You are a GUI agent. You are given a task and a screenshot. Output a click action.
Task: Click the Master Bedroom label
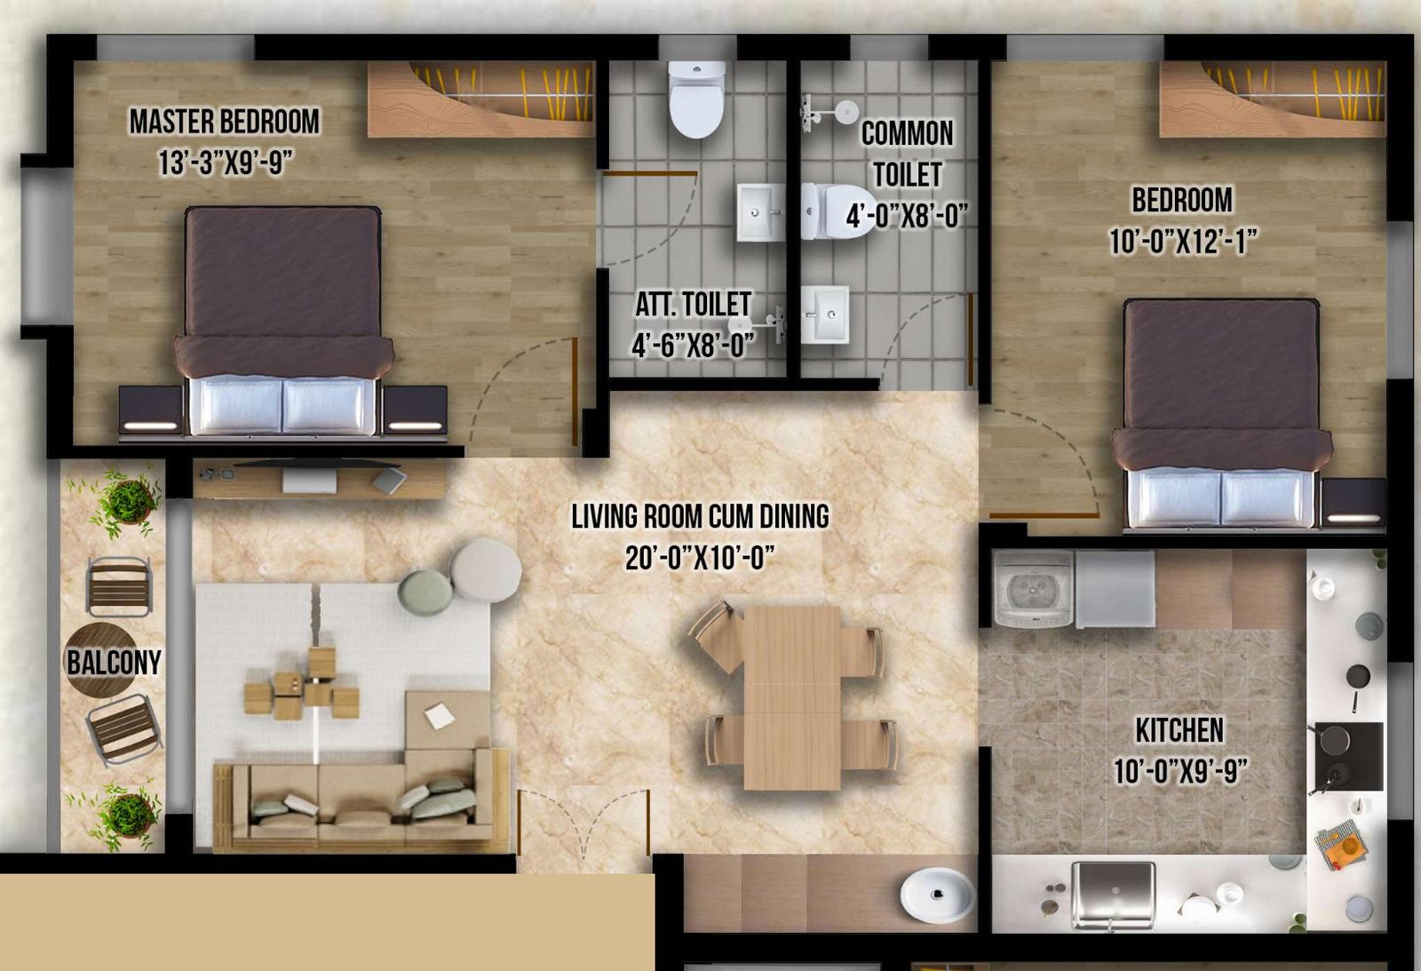point(225,122)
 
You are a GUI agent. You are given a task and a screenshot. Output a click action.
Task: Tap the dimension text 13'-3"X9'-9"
point(226,163)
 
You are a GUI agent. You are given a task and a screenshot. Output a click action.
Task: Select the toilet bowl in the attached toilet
point(696,99)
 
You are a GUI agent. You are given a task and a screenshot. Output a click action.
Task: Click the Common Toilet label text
point(907,155)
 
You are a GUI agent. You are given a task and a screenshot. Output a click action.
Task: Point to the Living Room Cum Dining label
point(701,517)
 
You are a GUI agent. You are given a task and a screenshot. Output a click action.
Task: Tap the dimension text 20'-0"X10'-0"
point(701,559)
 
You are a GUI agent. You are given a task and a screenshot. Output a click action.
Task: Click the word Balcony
point(115,663)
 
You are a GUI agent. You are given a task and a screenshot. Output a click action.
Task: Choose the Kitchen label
point(1179,730)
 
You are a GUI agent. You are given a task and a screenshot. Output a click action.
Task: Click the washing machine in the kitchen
point(1033,590)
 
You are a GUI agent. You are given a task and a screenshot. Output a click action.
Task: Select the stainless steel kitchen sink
point(1113,894)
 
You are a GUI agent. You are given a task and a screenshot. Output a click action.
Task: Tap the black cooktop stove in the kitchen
point(1348,756)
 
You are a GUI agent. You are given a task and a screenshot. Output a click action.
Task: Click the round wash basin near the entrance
point(938,895)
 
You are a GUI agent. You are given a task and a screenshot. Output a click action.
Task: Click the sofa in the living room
point(361,799)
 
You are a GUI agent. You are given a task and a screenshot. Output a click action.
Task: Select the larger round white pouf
point(486,570)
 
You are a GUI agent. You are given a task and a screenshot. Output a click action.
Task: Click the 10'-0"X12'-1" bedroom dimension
point(1182,241)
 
